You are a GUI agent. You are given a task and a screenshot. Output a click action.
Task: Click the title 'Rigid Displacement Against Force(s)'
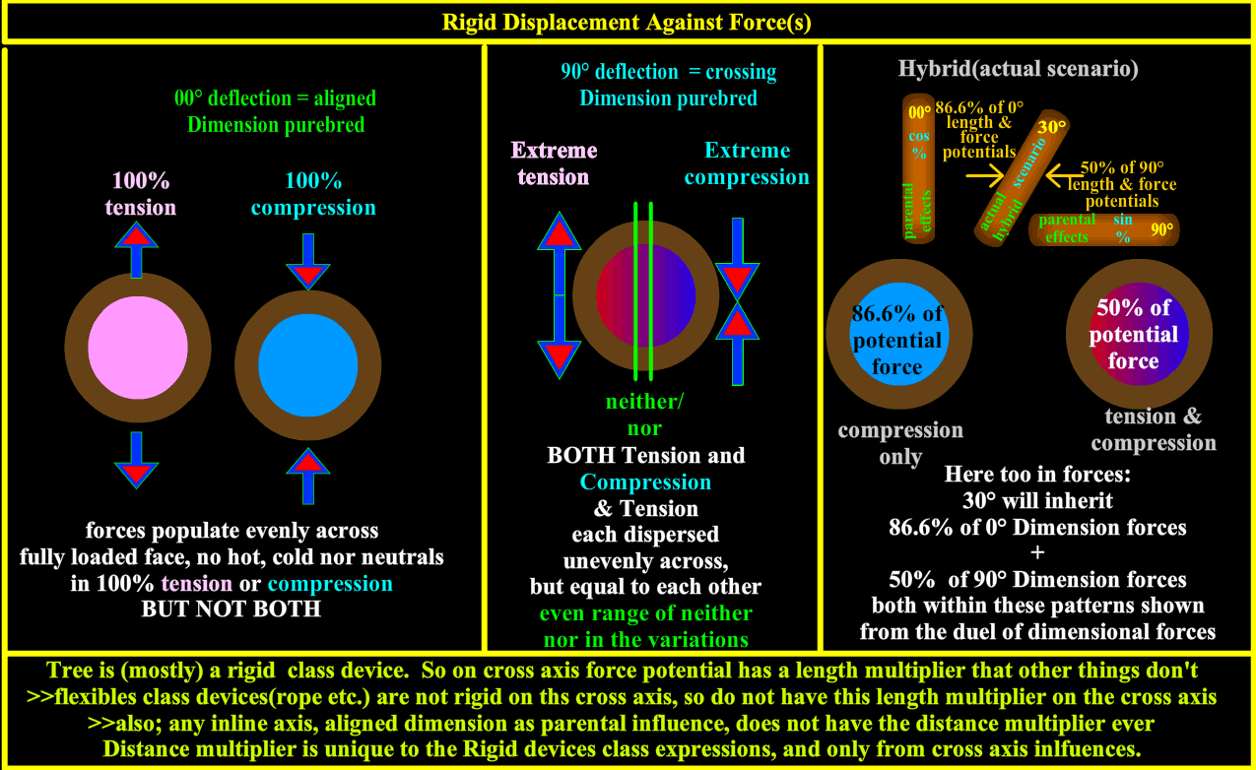point(628,22)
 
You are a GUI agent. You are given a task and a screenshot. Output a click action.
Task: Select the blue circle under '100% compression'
point(307,365)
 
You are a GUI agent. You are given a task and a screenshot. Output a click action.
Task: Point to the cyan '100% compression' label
point(313,195)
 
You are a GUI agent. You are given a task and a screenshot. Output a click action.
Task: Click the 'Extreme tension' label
point(554,163)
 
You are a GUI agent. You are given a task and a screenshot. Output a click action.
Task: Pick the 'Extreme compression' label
point(747,163)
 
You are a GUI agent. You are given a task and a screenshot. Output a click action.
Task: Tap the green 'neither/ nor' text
point(644,415)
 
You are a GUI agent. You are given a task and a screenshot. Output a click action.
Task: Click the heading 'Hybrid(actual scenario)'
point(1019,70)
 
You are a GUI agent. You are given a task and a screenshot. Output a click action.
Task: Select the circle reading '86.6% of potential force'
point(897,340)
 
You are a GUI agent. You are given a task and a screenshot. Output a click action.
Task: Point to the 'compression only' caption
point(900,443)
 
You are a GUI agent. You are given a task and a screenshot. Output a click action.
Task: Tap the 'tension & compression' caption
point(1153,429)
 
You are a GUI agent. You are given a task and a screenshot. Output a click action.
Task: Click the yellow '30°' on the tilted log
point(1052,126)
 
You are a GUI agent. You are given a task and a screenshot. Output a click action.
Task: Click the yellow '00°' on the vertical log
point(919,111)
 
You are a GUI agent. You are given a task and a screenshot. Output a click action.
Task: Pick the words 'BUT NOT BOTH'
point(231,609)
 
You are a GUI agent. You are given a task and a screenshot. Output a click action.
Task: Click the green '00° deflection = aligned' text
point(275,98)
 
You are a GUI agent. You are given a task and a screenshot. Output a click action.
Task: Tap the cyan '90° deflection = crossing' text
point(668,72)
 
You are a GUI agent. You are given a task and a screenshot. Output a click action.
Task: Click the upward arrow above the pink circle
point(137,247)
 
